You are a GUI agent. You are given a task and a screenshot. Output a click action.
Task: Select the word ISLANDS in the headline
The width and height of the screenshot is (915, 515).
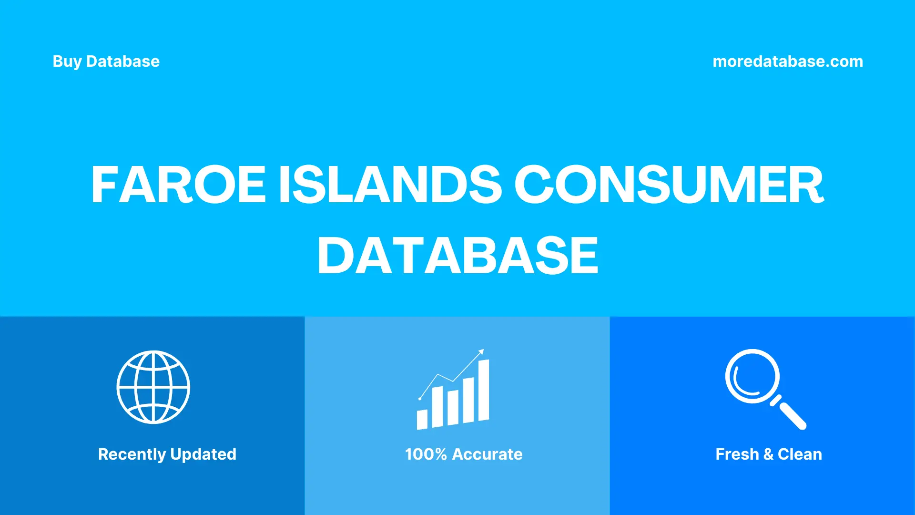pos(390,185)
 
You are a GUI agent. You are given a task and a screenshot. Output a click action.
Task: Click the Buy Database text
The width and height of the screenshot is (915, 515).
pos(106,62)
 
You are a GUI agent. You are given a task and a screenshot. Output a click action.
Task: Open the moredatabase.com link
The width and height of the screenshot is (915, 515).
pos(787,62)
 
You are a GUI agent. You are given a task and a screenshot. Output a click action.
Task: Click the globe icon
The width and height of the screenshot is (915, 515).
pos(153,387)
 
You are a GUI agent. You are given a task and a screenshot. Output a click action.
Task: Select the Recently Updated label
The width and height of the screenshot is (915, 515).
pos(167,454)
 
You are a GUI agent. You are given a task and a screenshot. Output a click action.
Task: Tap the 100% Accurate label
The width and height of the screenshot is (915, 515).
pos(464,454)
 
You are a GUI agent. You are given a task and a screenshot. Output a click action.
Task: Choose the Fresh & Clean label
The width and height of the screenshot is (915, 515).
pos(769,454)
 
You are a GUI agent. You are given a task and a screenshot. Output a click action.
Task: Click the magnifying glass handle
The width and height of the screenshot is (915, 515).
pos(791,414)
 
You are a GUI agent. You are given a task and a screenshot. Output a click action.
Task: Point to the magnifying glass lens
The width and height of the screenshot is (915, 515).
pos(752,376)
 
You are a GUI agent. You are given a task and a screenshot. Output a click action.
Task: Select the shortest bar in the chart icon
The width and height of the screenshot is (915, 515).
pos(422,419)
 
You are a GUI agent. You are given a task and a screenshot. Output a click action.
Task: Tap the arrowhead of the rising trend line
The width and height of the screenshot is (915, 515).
pos(481,352)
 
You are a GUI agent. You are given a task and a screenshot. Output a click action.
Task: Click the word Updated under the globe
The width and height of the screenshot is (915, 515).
pos(203,454)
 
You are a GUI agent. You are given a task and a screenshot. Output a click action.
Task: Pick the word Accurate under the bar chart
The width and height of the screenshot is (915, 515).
pos(487,454)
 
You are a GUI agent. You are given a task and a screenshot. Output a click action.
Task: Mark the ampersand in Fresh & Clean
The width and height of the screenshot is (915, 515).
pos(768,454)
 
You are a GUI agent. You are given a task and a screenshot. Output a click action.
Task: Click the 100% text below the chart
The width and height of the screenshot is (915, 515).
pos(426,454)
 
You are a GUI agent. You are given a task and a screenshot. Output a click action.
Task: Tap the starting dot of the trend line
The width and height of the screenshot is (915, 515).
pos(420,398)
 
